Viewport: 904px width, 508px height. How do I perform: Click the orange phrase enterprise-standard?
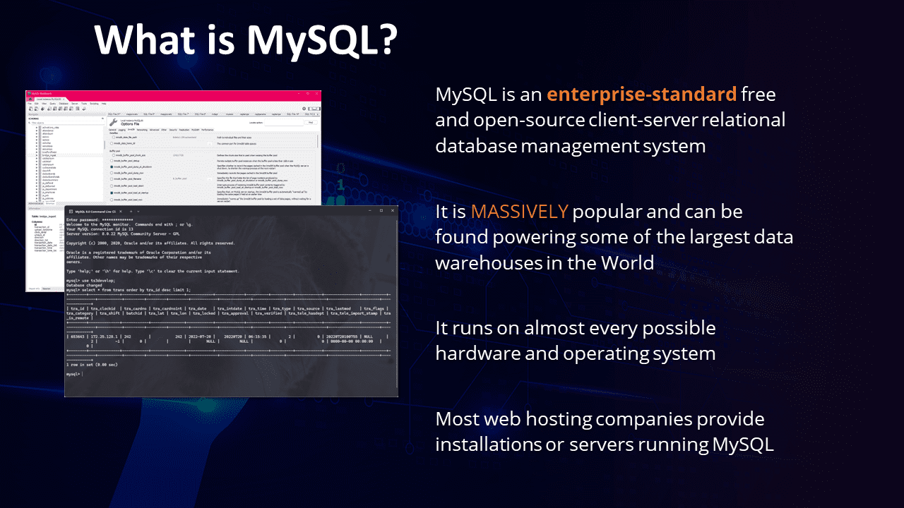tap(641, 94)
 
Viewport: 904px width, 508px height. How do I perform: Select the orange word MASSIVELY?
tap(519, 212)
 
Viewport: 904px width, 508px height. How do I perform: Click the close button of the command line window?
tap(392, 211)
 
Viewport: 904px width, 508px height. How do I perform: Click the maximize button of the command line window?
tap(381, 211)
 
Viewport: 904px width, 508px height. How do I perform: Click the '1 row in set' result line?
tap(92, 364)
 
